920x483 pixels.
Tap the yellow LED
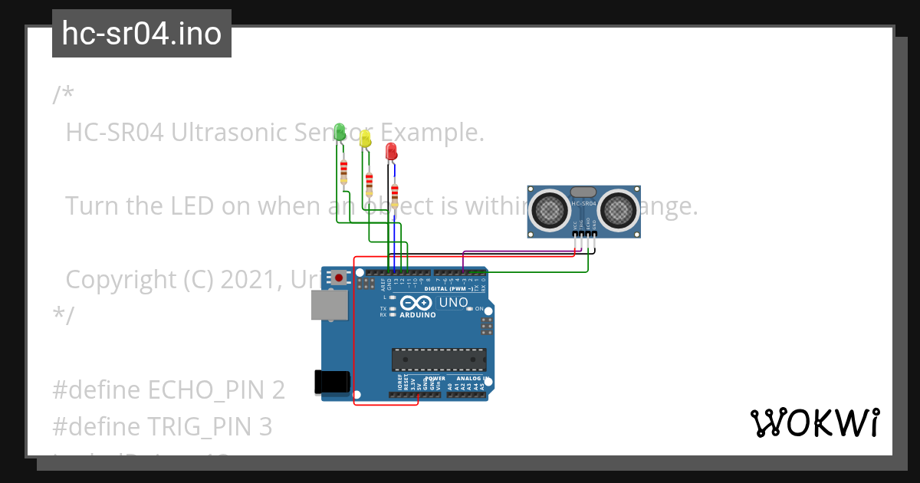[366, 138]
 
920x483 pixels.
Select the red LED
[391, 150]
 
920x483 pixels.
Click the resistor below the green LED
[343, 171]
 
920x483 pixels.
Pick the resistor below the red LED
[395, 195]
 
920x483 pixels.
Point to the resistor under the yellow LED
[370, 182]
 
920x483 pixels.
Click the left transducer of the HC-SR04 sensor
[550, 209]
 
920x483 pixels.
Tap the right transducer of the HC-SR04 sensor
[618, 209]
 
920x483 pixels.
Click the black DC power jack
[333, 382]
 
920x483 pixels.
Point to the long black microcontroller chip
[439, 359]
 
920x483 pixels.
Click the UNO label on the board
[453, 303]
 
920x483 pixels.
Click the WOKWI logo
[814, 422]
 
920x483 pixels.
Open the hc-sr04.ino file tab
[142, 34]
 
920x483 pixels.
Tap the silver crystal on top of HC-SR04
[583, 192]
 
